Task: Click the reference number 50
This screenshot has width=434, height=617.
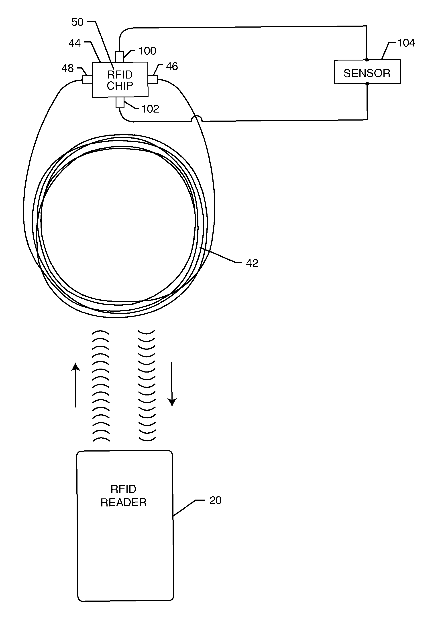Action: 77,22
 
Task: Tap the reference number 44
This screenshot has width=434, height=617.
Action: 75,43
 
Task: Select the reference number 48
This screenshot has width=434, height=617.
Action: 67,68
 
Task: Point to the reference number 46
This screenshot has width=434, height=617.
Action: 172,66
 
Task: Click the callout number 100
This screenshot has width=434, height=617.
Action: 147,51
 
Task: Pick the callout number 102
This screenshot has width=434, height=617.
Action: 150,109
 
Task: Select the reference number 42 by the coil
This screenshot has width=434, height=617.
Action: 252,263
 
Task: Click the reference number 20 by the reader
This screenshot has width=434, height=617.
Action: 215,500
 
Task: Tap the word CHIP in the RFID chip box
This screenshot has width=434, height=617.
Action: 120,86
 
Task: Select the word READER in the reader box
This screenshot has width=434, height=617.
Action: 124,502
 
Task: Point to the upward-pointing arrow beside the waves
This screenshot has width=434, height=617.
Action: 76,385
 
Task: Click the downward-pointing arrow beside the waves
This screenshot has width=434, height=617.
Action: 172,384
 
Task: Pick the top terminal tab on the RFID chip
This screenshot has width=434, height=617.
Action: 119,57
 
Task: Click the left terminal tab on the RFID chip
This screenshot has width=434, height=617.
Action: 87,80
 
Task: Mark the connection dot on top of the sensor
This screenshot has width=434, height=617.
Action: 367,60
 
